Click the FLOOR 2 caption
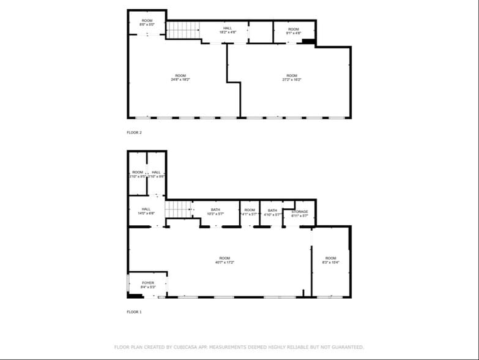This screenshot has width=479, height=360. [x=133, y=132]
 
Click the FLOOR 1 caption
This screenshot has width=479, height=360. [x=133, y=312]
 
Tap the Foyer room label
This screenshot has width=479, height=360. [x=148, y=285]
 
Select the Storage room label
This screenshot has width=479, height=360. [x=300, y=213]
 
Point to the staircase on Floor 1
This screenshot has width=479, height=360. [x=179, y=209]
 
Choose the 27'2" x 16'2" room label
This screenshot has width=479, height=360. [x=292, y=77]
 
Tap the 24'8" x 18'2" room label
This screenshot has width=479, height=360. [x=180, y=77]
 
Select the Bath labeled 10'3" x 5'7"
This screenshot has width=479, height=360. [x=215, y=211]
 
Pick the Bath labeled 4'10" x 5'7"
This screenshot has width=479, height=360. [x=272, y=212]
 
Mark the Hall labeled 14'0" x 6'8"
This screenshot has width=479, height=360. [x=146, y=211]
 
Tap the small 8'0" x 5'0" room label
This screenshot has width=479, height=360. [x=147, y=22]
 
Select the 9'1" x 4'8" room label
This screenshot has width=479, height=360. [x=294, y=31]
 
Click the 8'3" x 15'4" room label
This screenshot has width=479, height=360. [x=330, y=260]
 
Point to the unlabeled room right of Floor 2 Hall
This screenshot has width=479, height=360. [x=261, y=32]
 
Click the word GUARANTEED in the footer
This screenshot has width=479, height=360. [x=346, y=347]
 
